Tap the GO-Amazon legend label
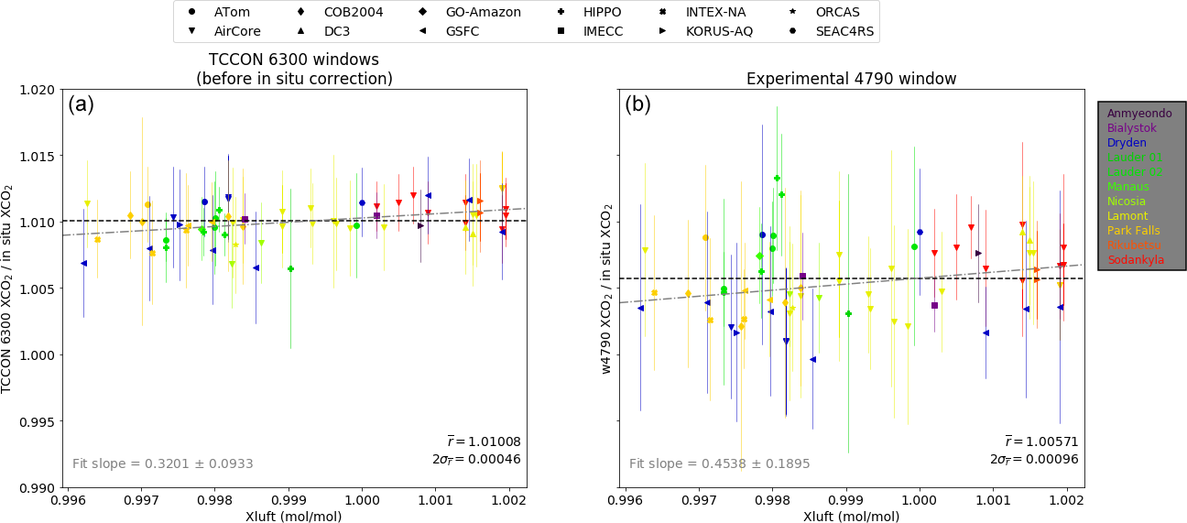tap(483, 12)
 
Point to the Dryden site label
tap(1127, 143)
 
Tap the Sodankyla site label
tap(1136, 260)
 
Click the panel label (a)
tap(82, 104)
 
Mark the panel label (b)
tap(638, 104)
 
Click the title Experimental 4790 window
tap(851, 79)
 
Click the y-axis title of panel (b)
tap(605, 289)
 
